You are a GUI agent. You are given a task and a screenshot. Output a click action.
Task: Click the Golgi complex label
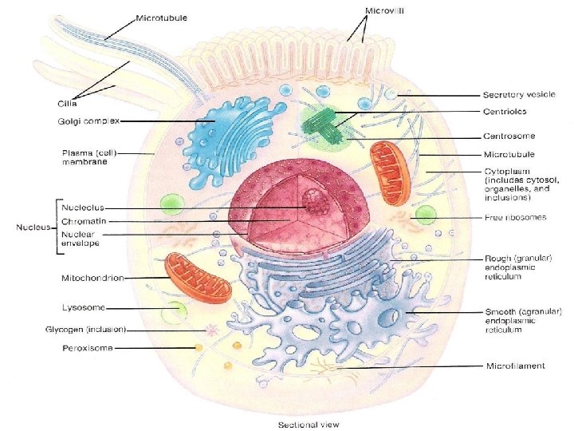click(90, 121)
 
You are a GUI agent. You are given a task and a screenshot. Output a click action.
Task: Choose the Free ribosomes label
click(516, 218)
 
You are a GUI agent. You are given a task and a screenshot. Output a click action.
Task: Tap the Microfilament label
click(516, 366)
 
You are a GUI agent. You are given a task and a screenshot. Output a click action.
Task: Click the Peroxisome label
click(88, 348)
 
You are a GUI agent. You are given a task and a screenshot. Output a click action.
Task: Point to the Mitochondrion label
click(92, 278)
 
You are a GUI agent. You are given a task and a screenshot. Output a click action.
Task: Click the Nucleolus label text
click(83, 207)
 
